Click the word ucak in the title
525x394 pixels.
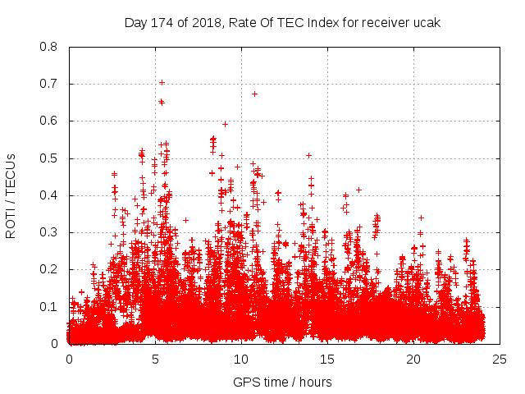click(x=427, y=23)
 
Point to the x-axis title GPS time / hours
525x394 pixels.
click(x=282, y=382)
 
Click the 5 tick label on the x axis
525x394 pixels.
click(x=155, y=360)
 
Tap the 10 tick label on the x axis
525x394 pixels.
click(x=241, y=360)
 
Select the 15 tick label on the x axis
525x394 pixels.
click(x=327, y=360)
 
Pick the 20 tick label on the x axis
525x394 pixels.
click(x=413, y=360)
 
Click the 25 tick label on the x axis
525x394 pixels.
click(x=500, y=360)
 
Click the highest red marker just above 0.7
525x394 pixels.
click(x=162, y=82)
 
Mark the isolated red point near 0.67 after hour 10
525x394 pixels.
click(x=254, y=94)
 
